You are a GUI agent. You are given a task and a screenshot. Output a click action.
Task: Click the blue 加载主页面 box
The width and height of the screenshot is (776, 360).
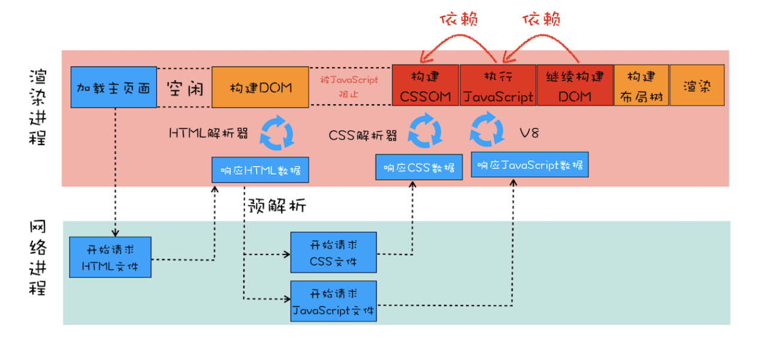(x=114, y=87)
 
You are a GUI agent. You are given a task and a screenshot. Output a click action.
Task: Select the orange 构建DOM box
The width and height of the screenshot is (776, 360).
(x=260, y=87)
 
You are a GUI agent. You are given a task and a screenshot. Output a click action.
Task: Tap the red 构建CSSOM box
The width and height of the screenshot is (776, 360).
(x=425, y=85)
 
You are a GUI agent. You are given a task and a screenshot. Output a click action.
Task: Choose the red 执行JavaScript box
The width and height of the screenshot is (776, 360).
(x=498, y=85)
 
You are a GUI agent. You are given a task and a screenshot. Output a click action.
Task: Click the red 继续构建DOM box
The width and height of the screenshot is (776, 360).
(x=575, y=85)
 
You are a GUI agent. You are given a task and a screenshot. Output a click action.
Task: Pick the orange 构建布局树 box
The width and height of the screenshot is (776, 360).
(x=641, y=85)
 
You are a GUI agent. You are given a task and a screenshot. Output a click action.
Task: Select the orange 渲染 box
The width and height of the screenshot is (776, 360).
(x=697, y=85)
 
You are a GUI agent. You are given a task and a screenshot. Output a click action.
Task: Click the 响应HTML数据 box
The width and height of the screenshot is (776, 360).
(x=260, y=170)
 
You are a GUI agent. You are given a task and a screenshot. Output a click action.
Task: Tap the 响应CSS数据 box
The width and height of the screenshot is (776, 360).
(x=419, y=167)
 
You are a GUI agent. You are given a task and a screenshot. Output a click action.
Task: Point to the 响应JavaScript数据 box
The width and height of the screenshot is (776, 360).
(x=530, y=165)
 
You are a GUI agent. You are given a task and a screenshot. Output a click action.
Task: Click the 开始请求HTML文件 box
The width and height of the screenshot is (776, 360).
(x=110, y=257)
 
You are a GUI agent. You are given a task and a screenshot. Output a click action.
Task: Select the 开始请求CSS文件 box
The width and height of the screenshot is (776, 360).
(x=334, y=252)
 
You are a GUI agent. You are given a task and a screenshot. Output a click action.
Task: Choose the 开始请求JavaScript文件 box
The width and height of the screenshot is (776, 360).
(x=334, y=301)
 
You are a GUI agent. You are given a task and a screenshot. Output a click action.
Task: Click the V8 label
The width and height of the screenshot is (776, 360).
(x=529, y=133)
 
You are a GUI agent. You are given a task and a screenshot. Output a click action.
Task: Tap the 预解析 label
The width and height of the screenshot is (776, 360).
(x=277, y=206)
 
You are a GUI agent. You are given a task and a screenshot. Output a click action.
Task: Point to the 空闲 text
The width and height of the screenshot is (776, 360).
(x=185, y=89)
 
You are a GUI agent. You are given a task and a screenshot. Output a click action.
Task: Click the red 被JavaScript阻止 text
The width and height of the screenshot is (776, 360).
(x=349, y=86)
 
